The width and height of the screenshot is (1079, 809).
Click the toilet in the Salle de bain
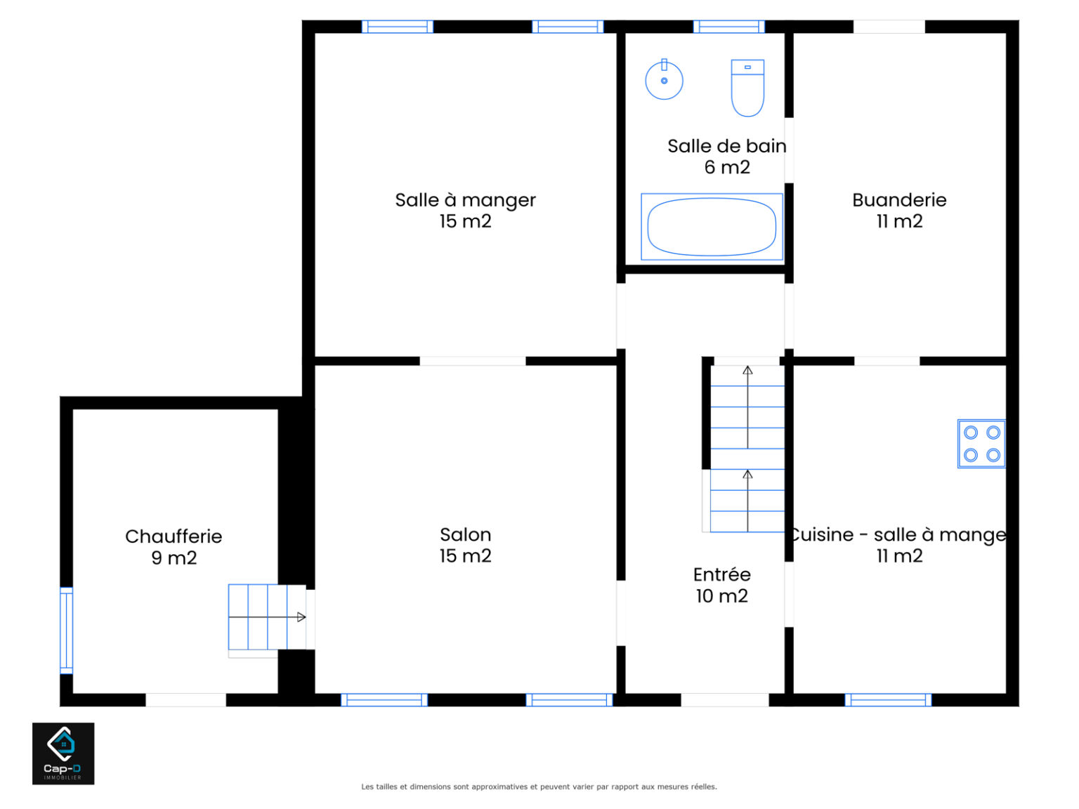pos(747,88)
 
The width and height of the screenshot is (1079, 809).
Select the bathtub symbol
pos(712,226)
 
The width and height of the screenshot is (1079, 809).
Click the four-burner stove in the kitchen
pos(981,444)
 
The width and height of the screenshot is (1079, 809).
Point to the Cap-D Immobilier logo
pos(63,753)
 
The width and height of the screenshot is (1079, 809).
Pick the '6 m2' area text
pos(726,168)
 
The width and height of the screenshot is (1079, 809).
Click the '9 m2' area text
pos(174,558)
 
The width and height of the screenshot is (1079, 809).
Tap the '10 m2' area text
pos(721,596)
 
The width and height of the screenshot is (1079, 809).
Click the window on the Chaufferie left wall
pos(66,630)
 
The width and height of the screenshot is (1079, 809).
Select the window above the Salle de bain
pos(728,27)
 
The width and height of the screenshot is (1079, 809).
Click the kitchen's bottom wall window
pos(888,699)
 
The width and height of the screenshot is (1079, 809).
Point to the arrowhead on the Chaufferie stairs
pos(301,617)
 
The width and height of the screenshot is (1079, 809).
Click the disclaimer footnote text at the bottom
pos(539,787)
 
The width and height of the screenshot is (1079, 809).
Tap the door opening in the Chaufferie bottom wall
pos(186,699)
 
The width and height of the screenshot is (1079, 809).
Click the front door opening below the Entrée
pos(724,699)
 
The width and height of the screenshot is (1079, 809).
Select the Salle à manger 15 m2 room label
pos(465,210)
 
